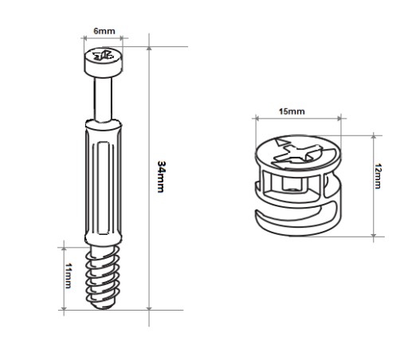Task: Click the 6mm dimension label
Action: (x=104, y=31)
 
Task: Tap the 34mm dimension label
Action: (x=161, y=177)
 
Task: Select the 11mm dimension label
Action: (x=69, y=276)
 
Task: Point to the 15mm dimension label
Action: (x=292, y=112)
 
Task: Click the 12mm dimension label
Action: (x=378, y=176)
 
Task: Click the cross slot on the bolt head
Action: (x=103, y=55)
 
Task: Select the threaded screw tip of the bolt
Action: (x=102, y=277)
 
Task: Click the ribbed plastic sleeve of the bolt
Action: (x=104, y=181)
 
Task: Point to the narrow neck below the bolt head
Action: (x=103, y=99)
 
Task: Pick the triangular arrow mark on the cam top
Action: (x=281, y=142)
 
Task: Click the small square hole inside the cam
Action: (x=292, y=185)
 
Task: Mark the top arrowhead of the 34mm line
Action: (x=149, y=48)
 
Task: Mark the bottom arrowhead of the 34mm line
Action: (x=149, y=308)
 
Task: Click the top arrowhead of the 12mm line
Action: (x=374, y=137)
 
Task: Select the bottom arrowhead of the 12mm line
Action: (x=374, y=235)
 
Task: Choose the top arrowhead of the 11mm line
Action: (x=64, y=248)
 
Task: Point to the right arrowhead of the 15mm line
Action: (x=339, y=118)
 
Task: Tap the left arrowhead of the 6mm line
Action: (x=85, y=38)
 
